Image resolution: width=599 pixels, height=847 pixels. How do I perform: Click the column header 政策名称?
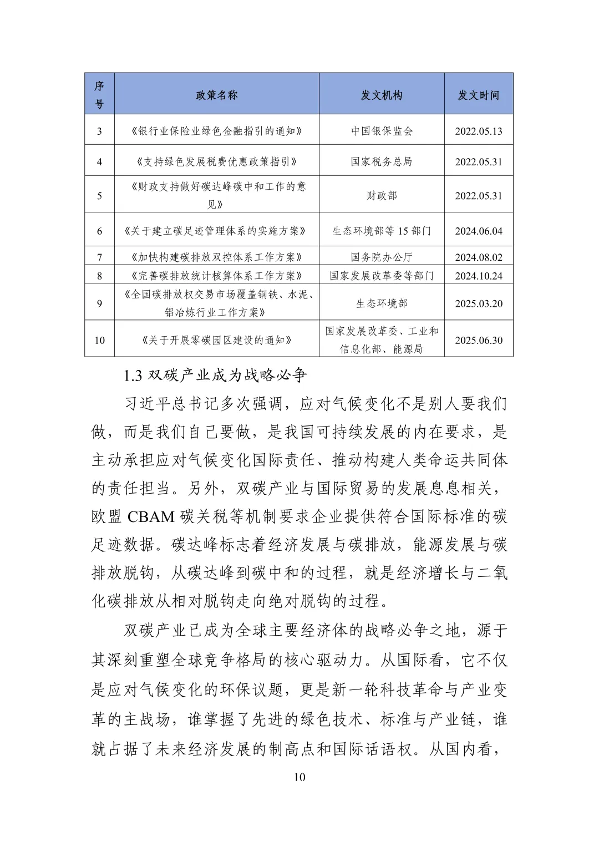[x=216, y=95]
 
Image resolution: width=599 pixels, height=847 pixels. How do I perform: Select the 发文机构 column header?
[x=382, y=95]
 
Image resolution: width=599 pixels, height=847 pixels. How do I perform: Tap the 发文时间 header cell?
[x=478, y=95]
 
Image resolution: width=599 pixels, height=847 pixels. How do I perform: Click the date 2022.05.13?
[x=478, y=131]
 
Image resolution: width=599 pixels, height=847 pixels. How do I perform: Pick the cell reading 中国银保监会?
[x=382, y=131]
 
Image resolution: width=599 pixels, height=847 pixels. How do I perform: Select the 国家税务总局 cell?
[x=382, y=162]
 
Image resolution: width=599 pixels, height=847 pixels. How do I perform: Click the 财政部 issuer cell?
[x=382, y=195]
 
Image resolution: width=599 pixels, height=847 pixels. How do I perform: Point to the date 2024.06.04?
[x=478, y=231]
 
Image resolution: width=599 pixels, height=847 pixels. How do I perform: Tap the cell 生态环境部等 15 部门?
[x=382, y=231]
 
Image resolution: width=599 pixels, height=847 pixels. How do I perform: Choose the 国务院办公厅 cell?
[x=382, y=257]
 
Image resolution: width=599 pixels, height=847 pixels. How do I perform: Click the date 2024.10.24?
[x=478, y=276]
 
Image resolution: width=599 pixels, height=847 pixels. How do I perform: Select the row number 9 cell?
[x=100, y=303]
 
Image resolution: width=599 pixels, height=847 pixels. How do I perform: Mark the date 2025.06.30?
[x=478, y=340]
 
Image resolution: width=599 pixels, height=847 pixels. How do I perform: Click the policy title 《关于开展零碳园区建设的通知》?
[x=216, y=340]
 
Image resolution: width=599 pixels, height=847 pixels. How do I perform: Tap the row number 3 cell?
[x=100, y=131]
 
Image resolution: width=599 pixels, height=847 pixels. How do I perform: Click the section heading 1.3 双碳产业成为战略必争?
[x=215, y=376]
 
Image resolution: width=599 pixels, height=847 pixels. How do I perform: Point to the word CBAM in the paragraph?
[x=151, y=517]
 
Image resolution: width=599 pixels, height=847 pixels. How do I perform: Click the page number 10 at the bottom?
[x=299, y=777]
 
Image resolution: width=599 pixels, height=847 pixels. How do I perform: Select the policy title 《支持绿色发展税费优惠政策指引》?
[x=216, y=162]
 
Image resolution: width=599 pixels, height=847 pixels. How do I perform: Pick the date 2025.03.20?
[x=478, y=303]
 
